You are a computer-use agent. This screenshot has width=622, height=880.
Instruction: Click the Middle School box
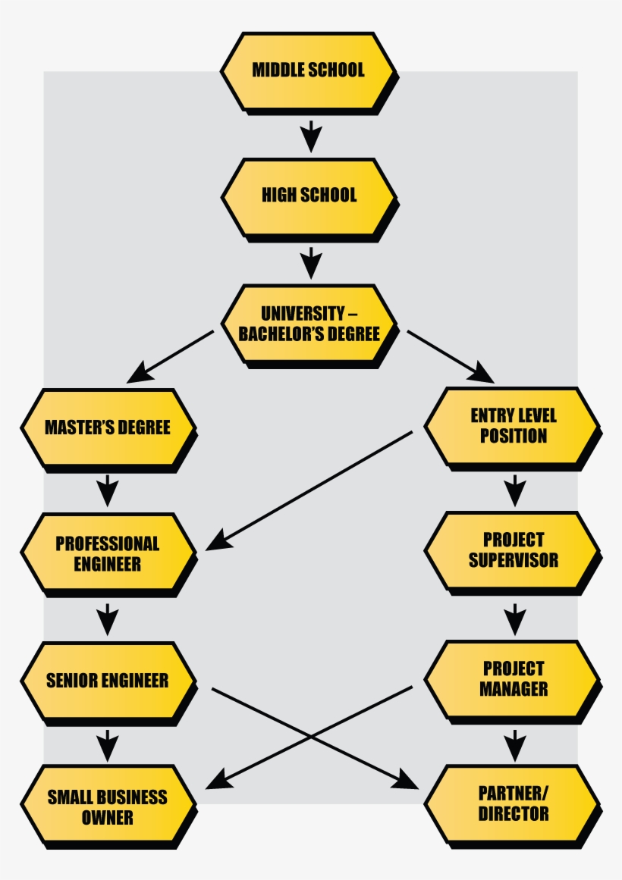pyautogui.click(x=308, y=70)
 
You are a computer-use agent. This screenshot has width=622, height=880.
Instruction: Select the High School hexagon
pyautogui.click(x=308, y=196)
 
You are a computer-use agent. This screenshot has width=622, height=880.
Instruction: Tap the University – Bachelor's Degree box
pyautogui.click(x=308, y=324)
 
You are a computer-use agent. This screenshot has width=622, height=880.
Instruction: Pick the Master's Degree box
pyautogui.click(x=108, y=427)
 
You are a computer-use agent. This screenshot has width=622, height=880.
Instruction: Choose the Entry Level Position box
pyautogui.click(x=513, y=426)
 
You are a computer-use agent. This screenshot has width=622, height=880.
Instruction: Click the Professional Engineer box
pyautogui.click(x=108, y=553)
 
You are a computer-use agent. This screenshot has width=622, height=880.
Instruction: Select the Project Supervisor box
pyautogui.click(x=513, y=550)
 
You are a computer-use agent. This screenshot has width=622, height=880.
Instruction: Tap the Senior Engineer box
pyautogui.click(x=108, y=680)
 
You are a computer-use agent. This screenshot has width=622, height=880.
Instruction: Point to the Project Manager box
pyautogui.click(x=513, y=679)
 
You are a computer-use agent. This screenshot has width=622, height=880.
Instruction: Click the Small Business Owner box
pyautogui.click(x=108, y=806)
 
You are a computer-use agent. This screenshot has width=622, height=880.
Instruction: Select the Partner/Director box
pyautogui.click(x=513, y=804)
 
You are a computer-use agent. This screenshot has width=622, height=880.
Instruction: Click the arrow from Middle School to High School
pyautogui.click(x=310, y=134)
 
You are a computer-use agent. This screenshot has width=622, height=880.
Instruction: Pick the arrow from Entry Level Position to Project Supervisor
pyautogui.click(x=515, y=490)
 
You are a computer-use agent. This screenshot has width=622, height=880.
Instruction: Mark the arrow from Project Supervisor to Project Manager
pyautogui.click(x=515, y=618)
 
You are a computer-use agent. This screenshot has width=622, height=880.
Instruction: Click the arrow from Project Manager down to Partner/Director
pyautogui.click(x=515, y=744)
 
